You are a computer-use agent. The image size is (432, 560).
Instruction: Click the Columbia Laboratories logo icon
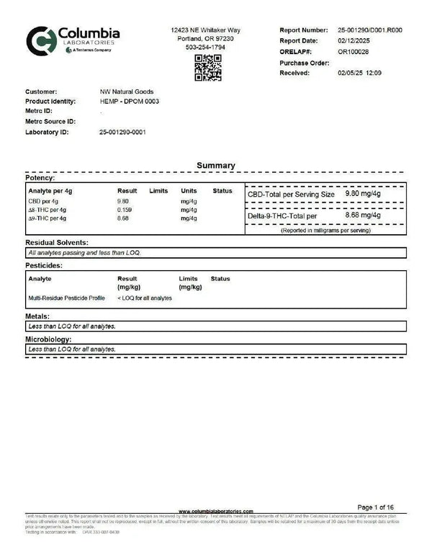point(39,40)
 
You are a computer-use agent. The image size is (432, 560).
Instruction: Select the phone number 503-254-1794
point(206,48)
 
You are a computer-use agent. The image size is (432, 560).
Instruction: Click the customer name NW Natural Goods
point(127,92)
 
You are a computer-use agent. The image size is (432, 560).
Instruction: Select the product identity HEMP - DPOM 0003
point(130,102)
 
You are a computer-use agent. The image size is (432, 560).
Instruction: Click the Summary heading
point(216,166)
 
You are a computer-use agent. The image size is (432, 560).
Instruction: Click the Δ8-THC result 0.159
point(125,210)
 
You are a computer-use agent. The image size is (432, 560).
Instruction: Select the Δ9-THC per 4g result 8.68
point(123,218)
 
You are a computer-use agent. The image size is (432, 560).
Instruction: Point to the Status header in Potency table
point(222,191)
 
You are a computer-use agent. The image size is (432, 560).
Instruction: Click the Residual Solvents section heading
point(57,243)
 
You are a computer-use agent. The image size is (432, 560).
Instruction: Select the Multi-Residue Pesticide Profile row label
point(66,298)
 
